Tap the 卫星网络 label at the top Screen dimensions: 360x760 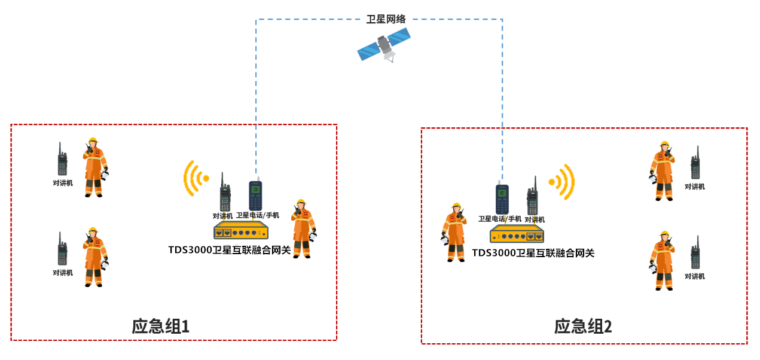coord(386,19)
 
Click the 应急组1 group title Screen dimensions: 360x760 coord(161,326)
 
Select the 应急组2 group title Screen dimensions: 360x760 coord(583,327)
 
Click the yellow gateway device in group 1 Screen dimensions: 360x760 coord(241,231)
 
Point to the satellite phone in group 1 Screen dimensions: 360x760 coord(255,195)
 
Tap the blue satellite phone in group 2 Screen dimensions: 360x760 coord(502,199)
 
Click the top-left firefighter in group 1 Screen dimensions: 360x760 coord(94,167)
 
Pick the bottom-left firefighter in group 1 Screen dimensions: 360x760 coord(94,257)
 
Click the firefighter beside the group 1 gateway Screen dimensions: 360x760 coord(303,228)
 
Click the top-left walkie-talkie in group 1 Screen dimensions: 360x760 coord(62,160)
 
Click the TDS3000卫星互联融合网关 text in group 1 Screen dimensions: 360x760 coord(229,250)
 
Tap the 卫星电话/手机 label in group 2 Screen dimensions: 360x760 coord(499,219)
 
